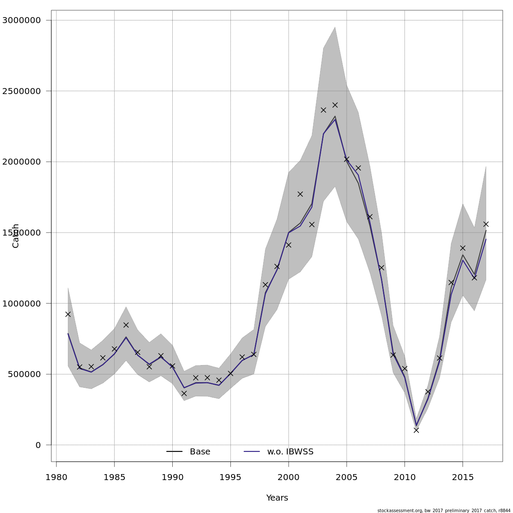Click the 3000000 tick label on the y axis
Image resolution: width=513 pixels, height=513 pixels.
pyautogui.click(x=21, y=20)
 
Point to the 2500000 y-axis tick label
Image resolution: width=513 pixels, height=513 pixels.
pyautogui.click(x=21, y=91)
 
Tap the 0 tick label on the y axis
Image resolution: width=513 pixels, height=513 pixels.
pyautogui.click(x=38, y=445)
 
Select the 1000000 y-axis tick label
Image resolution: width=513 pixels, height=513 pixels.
pyautogui.click(x=21, y=304)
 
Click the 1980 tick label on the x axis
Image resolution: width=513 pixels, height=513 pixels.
pyautogui.click(x=56, y=477)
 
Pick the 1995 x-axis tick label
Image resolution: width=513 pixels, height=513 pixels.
pyautogui.click(x=230, y=477)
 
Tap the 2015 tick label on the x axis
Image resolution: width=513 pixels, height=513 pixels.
pyautogui.click(x=463, y=477)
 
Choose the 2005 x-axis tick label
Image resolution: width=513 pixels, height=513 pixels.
pyautogui.click(x=346, y=477)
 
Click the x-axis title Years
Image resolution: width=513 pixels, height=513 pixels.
pyautogui.click(x=277, y=498)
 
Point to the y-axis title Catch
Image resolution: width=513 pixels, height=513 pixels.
pyautogui.click(x=16, y=236)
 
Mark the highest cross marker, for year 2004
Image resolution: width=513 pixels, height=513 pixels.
pyautogui.click(x=335, y=105)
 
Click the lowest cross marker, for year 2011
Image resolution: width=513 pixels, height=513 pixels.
pyautogui.click(x=416, y=430)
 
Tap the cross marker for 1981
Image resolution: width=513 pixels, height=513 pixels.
pyautogui.click(x=68, y=314)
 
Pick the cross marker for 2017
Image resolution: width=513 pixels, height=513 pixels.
pyautogui.click(x=486, y=224)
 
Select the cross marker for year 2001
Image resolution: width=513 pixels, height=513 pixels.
pyautogui.click(x=300, y=194)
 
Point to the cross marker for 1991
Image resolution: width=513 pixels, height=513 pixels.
pyautogui.click(x=184, y=393)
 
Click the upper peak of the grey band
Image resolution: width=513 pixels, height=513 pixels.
pyautogui.click(x=335, y=27)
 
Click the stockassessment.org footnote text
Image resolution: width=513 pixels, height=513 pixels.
pyautogui.click(x=444, y=510)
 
